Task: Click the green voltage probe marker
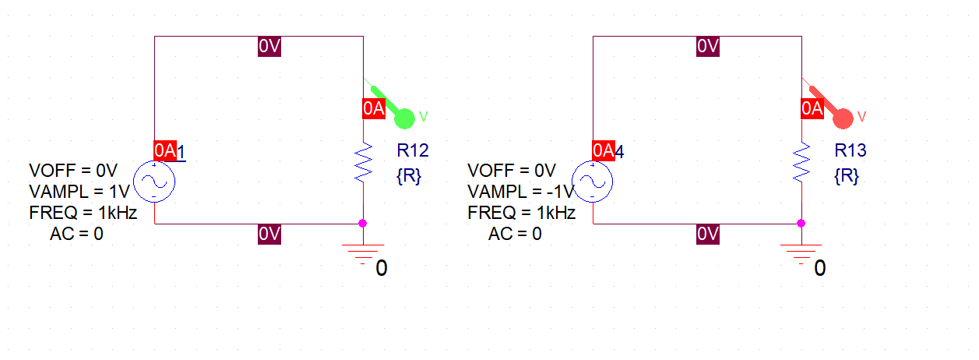click(403, 118)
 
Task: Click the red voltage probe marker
click(842, 118)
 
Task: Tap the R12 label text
click(413, 150)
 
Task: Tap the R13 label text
click(850, 150)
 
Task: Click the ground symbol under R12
click(362, 253)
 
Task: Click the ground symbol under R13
click(801, 253)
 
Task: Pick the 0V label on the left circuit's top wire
click(269, 47)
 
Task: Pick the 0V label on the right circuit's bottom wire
click(708, 233)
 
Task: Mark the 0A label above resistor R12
click(374, 108)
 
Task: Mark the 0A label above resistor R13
click(812, 108)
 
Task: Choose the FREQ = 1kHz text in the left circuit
click(83, 213)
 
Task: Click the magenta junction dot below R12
click(362, 224)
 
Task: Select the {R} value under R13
click(847, 176)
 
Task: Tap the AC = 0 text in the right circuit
click(515, 233)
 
